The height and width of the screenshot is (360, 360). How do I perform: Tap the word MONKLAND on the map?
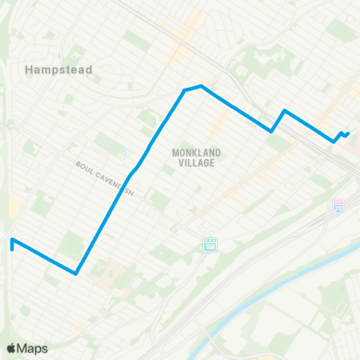pyautogui.click(x=193, y=152)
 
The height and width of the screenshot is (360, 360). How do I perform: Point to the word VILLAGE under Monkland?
pyautogui.click(x=193, y=163)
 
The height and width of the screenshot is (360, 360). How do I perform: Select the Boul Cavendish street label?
pyautogui.click(x=105, y=178)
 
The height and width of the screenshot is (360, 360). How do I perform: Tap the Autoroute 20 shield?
pyautogui.click(x=338, y=205)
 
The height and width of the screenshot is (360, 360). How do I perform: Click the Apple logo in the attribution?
pyautogui.click(x=12, y=348)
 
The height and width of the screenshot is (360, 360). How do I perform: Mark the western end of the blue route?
pyautogui.click(x=12, y=241)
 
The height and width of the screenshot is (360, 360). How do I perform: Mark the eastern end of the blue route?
pyautogui.click(x=349, y=133)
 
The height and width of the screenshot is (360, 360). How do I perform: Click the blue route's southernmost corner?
pyautogui.click(x=76, y=273)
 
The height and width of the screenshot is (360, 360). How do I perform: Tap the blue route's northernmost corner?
pyautogui.click(x=199, y=86)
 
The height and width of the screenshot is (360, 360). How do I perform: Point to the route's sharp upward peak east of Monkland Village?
pyautogui.click(x=284, y=111)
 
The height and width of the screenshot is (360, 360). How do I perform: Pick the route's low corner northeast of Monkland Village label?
pyautogui.click(x=271, y=131)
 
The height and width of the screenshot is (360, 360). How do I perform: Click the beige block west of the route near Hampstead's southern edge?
pyautogui.click(x=15, y=207)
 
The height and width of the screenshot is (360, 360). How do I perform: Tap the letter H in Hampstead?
pyautogui.click(x=28, y=70)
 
